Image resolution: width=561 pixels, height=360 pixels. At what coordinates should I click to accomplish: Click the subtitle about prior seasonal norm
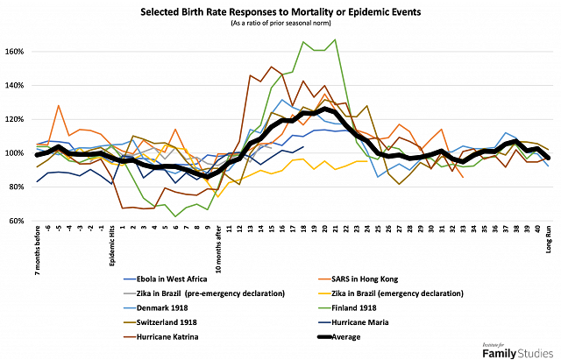[281, 25]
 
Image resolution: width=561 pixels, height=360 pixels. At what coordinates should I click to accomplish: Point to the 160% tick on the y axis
[19, 51]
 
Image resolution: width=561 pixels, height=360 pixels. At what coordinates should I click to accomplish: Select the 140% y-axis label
[19, 85]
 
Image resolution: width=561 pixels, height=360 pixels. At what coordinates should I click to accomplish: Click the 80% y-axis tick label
[19, 187]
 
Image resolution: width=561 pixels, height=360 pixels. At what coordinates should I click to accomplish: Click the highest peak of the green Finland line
[335, 39]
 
